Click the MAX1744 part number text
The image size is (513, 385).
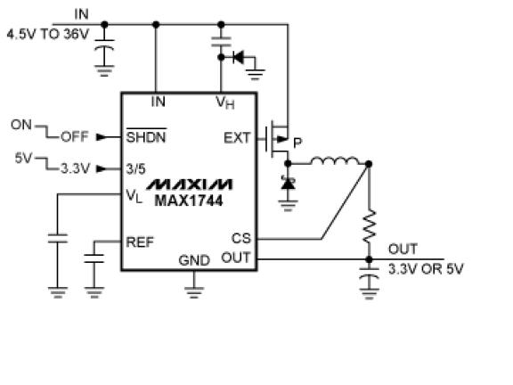[189, 201]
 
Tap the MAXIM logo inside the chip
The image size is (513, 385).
[189, 184]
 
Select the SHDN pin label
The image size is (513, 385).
[146, 136]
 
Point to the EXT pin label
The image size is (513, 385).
[237, 138]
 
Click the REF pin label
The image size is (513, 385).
[140, 242]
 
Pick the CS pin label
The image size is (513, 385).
[241, 238]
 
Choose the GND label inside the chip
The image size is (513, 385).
[194, 260]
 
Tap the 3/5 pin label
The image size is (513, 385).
[135, 169]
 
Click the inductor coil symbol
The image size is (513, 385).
[335, 160]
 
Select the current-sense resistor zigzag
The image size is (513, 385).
[369, 226]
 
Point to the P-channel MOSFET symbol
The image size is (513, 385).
[277, 139]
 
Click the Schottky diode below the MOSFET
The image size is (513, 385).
[288, 184]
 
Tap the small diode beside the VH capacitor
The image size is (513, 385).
[238, 57]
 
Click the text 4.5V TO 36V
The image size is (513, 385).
[48, 34]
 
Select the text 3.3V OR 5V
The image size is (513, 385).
[426, 269]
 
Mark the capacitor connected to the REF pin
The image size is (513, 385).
[94, 258]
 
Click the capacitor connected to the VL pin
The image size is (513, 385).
[58, 238]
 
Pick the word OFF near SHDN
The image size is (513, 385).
[75, 136]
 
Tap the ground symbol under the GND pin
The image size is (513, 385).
[194, 292]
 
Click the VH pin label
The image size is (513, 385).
[225, 102]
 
